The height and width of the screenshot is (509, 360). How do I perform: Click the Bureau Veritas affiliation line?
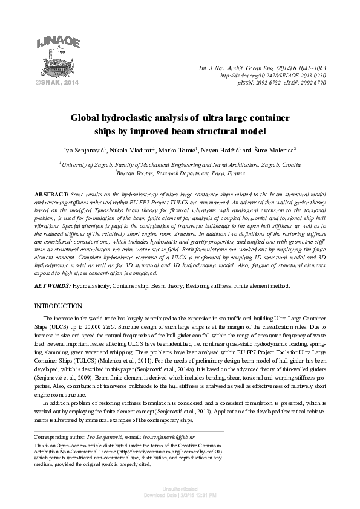(180, 173)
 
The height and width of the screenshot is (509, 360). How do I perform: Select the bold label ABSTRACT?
(53, 191)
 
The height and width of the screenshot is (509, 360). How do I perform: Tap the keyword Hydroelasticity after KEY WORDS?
(92, 285)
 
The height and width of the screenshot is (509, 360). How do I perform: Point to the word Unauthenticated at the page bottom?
(180, 488)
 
